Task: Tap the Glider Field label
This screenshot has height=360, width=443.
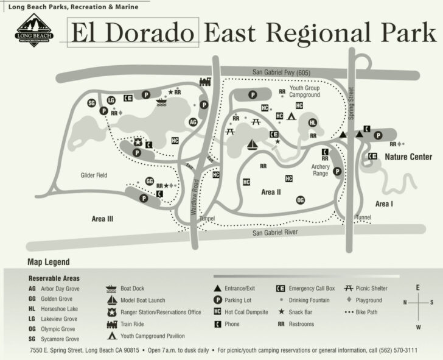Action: tap(94, 175)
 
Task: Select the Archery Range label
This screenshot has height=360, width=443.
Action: tap(320, 169)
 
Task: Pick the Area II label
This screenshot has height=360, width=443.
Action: tap(271, 192)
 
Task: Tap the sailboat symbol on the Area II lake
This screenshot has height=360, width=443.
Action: tap(253, 144)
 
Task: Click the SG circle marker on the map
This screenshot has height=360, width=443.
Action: tap(92, 103)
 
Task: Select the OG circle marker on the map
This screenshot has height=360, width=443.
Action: tap(300, 200)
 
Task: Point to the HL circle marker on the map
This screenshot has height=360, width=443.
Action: tap(313, 122)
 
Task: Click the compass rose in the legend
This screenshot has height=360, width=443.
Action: tap(417, 302)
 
